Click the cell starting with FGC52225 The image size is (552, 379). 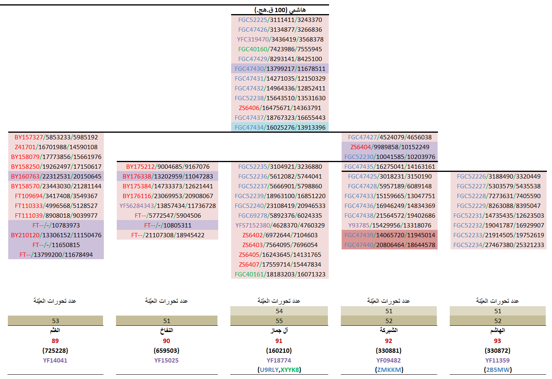coord(280,20)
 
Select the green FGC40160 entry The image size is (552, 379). coord(280,49)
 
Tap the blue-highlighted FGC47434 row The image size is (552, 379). coord(280,128)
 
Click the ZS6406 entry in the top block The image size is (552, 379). coord(280,108)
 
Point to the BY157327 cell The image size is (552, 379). coord(56,137)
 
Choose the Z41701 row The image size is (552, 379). coord(56,147)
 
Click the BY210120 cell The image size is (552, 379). coord(56,235)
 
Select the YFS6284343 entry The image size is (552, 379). coord(167,206)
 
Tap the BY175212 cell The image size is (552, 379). coord(167,167)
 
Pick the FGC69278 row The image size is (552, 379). coord(280,216)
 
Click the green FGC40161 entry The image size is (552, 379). coord(280,274)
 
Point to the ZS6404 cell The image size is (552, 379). coord(389,147)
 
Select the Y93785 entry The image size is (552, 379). coord(389,226)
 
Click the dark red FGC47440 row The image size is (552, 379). coord(389,245)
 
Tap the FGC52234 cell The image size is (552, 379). coord(498,245)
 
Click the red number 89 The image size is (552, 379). coord(55,341)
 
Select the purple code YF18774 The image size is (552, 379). coord(279,361)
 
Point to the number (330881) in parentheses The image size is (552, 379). coord(389,351)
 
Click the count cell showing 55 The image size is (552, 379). coord(279,321)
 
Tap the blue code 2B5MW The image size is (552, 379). coord(498,370)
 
